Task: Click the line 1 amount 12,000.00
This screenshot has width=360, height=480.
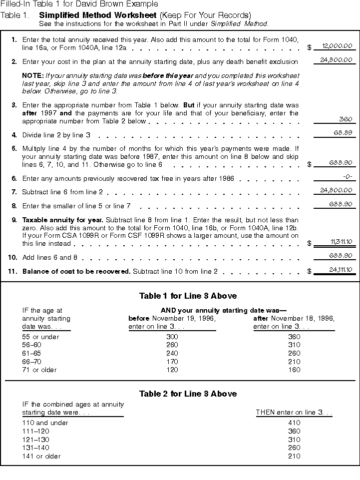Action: [x=337, y=46]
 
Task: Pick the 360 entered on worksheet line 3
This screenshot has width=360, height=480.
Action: [x=346, y=119]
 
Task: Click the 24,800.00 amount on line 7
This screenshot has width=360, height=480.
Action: [x=336, y=190]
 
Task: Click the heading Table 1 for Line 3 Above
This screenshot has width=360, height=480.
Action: [x=180, y=296]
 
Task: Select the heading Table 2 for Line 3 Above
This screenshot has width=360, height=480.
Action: [x=180, y=394]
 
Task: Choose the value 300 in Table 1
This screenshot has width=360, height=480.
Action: [x=172, y=337]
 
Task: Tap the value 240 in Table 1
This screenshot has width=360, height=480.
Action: [x=172, y=353]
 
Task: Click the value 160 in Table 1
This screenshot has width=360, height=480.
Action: [x=294, y=370]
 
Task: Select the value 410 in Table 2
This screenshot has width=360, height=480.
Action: [x=294, y=423]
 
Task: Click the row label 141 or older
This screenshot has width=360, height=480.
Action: [x=41, y=456]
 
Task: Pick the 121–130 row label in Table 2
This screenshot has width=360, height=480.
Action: [x=35, y=440]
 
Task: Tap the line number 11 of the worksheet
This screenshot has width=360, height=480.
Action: [x=13, y=271]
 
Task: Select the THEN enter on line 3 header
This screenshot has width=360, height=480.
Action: [x=294, y=413]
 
